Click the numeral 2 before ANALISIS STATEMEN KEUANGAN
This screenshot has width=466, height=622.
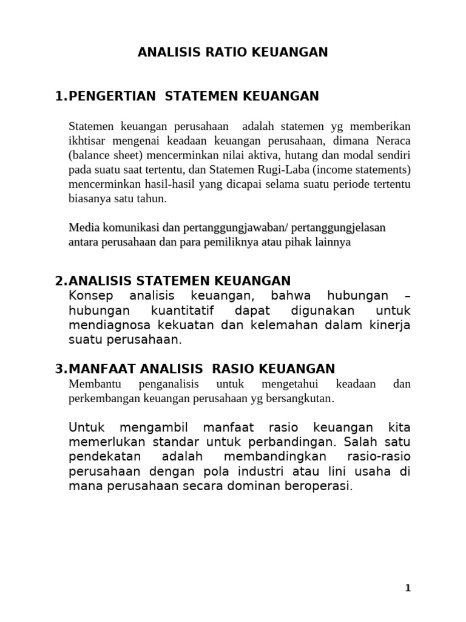point(59,281)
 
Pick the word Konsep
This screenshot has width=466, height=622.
point(89,296)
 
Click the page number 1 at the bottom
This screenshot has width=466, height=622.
point(408,587)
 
